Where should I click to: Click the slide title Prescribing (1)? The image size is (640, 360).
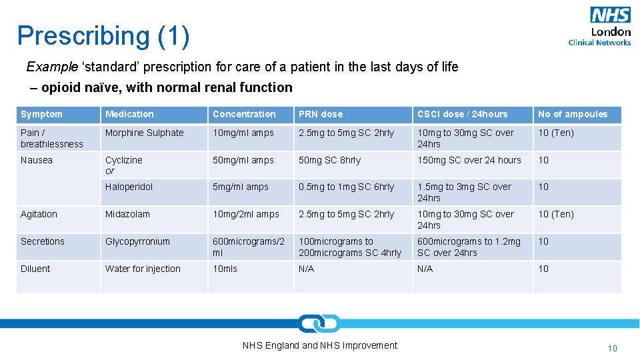click(103, 36)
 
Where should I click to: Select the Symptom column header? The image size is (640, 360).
click(41, 114)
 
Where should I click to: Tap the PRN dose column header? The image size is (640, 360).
click(320, 114)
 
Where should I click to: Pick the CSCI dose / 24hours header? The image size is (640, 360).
click(462, 114)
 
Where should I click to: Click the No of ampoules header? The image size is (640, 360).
click(573, 114)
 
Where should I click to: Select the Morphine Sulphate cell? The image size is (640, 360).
click(145, 133)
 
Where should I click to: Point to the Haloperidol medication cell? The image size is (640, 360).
click(129, 187)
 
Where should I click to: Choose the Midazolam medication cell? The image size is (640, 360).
click(127, 214)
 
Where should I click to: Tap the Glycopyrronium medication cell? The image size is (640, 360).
click(137, 241)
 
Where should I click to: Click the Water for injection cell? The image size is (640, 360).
click(143, 269)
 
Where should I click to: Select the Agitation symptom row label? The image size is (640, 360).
click(39, 214)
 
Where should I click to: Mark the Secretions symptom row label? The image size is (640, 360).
click(43, 241)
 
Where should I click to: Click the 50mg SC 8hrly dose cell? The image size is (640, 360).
click(329, 160)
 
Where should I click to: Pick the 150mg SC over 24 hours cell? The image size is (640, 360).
click(469, 160)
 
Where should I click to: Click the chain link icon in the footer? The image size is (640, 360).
click(319, 324)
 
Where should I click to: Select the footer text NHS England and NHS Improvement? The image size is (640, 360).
click(319, 345)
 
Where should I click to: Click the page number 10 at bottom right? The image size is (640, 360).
click(612, 348)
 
